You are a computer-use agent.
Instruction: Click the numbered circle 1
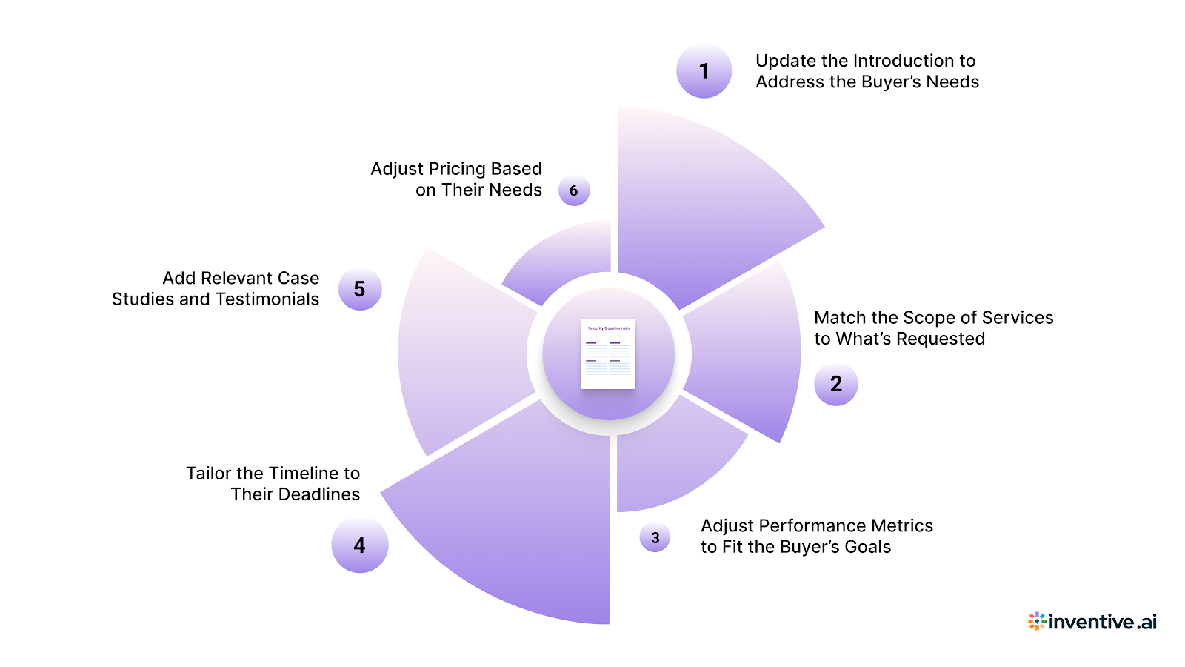[704, 71]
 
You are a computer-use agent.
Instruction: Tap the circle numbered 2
[835, 384]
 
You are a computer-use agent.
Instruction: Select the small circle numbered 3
[655, 537]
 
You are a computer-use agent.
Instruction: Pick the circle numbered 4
[359, 545]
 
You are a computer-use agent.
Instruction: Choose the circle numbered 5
[359, 289]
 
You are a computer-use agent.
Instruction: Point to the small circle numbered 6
[574, 190]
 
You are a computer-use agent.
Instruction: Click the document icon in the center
[608, 354]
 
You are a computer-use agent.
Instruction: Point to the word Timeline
[304, 474]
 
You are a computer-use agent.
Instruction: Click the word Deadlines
[318, 494]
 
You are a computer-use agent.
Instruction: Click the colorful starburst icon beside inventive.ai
[1037, 621]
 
